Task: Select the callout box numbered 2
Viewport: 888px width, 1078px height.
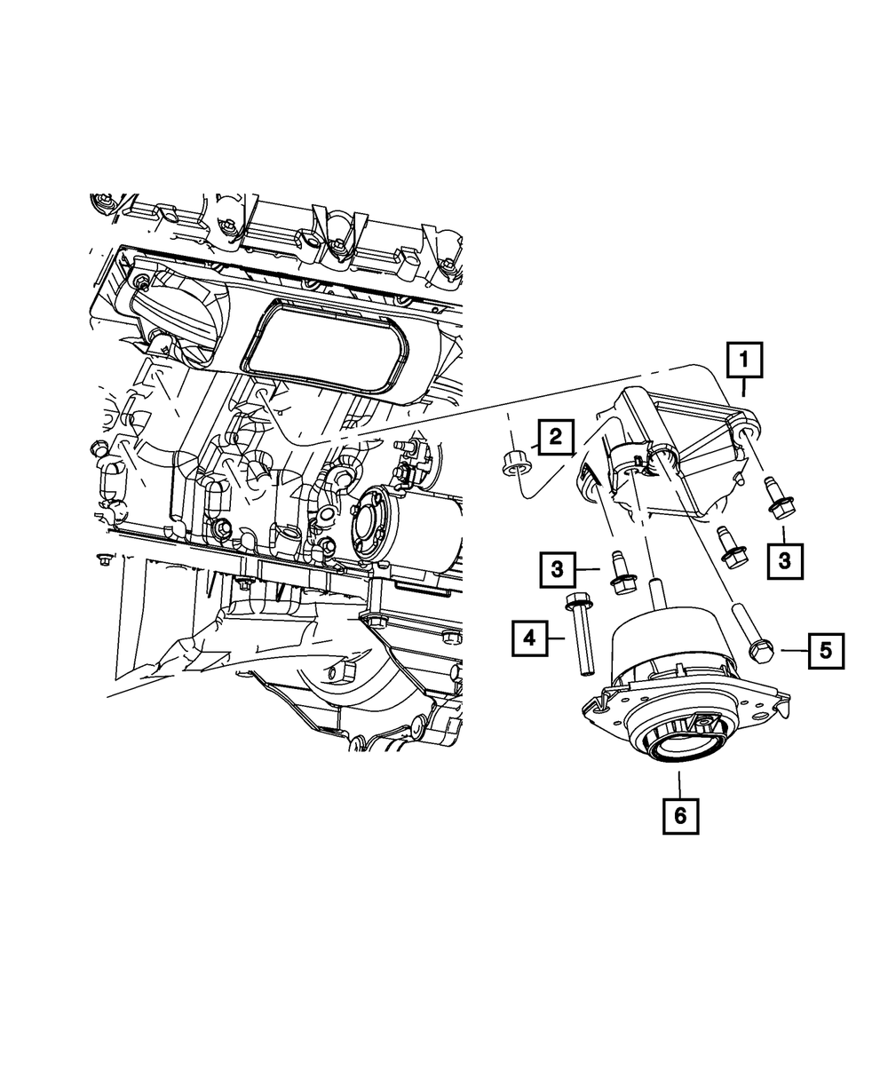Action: (555, 436)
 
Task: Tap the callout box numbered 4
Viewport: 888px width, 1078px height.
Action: (529, 638)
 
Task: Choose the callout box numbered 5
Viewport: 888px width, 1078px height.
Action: (825, 651)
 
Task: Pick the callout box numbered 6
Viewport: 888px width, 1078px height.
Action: (680, 815)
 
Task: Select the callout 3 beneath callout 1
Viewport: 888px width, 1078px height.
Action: (784, 560)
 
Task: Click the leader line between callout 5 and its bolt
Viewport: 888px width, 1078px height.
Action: (793, 652)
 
